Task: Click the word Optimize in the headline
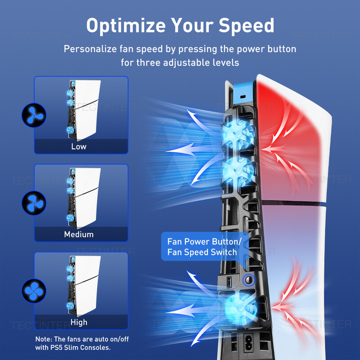coord(126,26)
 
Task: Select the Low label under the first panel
coord(79,147)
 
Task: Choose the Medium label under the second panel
coord(79,234)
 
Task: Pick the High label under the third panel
coord(79,322)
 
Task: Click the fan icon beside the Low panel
coord(34,115)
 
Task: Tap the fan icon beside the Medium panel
coord(34,203)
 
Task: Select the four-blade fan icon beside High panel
coord(34,291)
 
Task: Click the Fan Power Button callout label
coord(204,247)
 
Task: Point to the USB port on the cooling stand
coord(229,282)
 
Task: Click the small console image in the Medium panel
coord(84,198)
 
